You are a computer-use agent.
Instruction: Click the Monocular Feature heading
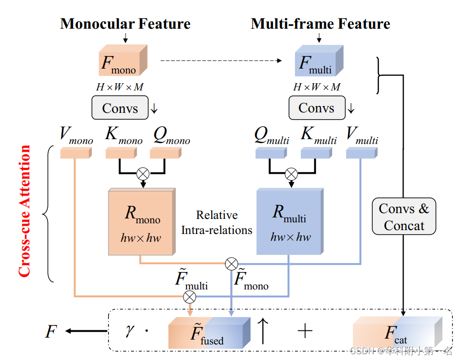pos(125,24)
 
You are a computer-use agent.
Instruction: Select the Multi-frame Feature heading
pos(320,24)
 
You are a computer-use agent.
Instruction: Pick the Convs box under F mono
pos(120,108)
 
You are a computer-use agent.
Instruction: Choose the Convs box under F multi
pos(316,108)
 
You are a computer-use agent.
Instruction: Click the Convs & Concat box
pos(404,217)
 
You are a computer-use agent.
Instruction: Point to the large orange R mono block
pos(141,222)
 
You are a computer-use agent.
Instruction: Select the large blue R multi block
pos(290,222)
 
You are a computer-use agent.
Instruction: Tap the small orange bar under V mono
pos(75,153)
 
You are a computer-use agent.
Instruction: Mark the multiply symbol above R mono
pos(144,174)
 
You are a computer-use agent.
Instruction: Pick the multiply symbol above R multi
pos(291,174)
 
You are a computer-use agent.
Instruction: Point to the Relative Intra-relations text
pos(217,222)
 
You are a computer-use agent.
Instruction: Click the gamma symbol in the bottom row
pos(129,331)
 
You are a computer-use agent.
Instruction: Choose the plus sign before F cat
pos(305,331)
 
